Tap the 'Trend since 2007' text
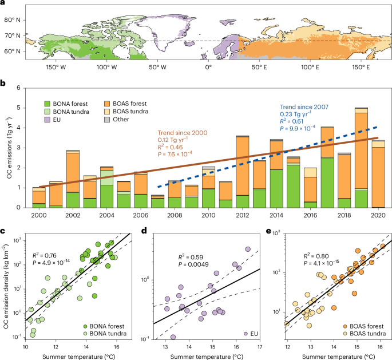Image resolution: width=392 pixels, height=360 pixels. coord(307,106)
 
